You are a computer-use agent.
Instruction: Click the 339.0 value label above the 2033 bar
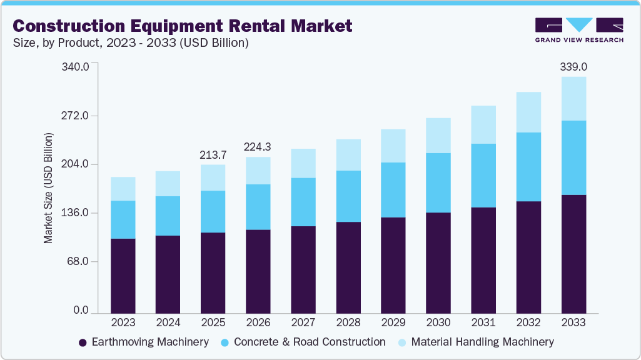click(573, 67)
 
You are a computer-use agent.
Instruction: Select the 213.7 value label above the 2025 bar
click(213, 154)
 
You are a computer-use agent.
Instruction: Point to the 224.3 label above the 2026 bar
click(258, 147)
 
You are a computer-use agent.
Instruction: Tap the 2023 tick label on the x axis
click(123, 322)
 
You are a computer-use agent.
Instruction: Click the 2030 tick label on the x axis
click(438, 322)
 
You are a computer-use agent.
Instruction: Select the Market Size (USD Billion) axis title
click(48, 188)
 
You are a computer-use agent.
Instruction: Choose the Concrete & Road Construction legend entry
click(309, 342)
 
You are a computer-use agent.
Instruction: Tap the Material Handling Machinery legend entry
click(482, 342)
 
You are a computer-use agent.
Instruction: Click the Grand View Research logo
click(579, 29)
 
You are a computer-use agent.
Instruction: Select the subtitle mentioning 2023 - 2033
click(131, 43)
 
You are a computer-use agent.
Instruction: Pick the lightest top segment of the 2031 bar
click(483, 124)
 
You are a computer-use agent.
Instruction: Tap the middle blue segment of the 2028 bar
click(348, 196)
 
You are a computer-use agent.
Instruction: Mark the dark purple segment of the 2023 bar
click(123, 275)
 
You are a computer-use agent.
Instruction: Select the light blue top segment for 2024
click(168, 184)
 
